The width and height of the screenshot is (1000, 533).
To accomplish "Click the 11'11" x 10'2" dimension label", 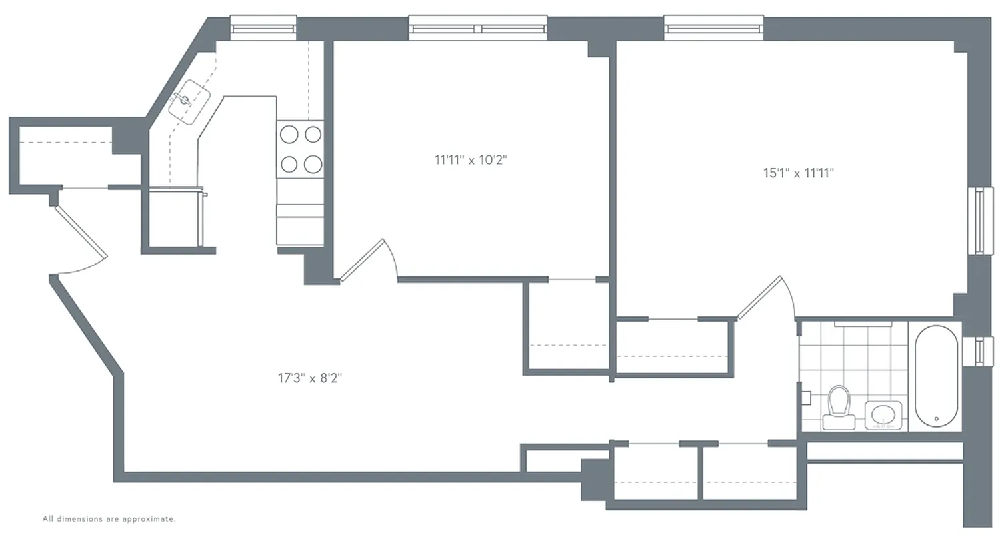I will coord(475,160).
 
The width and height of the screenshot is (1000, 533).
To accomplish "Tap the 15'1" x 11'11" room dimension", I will coord(799,173).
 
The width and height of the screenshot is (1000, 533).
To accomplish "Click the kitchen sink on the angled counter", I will coord(189,101).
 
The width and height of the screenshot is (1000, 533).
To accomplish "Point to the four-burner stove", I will coord(301,149).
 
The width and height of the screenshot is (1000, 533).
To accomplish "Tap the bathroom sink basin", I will coord(883,415).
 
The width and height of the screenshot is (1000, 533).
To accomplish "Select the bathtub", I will coord(936,377).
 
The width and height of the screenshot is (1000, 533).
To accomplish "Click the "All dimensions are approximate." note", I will coord(109,518).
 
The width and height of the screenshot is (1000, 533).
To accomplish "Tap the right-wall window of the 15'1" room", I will coord(979,220).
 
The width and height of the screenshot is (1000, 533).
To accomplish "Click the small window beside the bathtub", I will coord(979,351).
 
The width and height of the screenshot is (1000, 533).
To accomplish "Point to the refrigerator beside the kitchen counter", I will coord(175,219).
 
